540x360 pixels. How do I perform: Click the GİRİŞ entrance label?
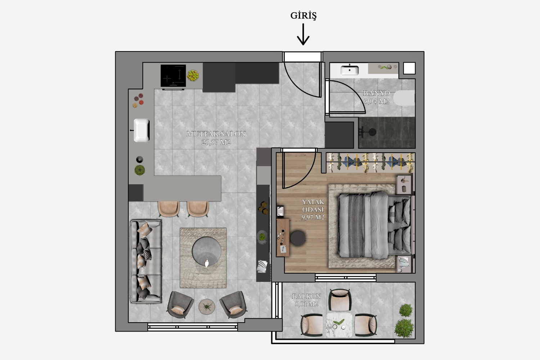pos(303,15)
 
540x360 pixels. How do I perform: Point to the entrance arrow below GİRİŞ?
pos(303,34)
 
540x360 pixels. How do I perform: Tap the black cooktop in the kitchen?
pos(173,76)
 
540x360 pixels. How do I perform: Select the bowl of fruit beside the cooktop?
pos(193,75)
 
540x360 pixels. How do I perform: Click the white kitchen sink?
pos(141,130)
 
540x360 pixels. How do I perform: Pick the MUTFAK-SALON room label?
pos(216,134)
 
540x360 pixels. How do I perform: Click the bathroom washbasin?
pos(349,70)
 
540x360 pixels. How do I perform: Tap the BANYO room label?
pos(376,93)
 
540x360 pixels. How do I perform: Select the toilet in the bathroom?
pos(404,98)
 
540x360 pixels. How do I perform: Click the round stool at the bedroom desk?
pos(298,238)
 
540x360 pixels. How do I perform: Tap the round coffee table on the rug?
pos(206,251)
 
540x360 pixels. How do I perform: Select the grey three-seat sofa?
pos(146,261)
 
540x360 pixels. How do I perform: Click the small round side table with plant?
pos(207,306)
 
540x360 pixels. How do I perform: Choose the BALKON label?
pos(306,296)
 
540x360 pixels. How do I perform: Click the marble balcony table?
pos(339,325)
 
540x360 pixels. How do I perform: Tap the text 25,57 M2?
pos(216,142)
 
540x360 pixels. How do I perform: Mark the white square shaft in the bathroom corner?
pos(409,68)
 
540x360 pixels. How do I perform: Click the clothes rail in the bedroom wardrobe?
pos(370,161)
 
